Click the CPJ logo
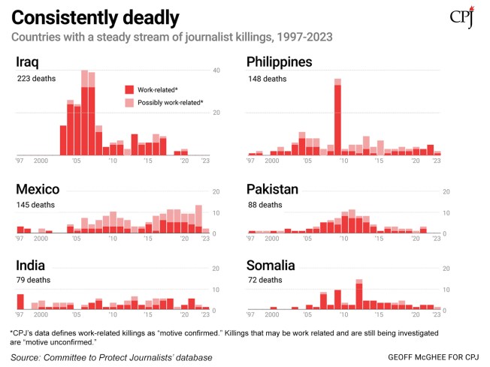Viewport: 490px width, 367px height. tap(461, 18)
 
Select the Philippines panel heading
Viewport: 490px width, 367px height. tap(282, 62)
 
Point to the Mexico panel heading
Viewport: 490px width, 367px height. tap(38, 188)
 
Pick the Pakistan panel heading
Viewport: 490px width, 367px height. tap(273, 188)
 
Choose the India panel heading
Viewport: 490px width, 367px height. tap(29, 265)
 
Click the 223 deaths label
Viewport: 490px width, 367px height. tap(37, 78)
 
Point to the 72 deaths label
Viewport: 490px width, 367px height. tap(265, 281)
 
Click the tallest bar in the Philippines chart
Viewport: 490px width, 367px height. tap(338, 116)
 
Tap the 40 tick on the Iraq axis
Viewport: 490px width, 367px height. tap(216, 71)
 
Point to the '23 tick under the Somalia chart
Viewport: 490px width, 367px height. tap(437, 314)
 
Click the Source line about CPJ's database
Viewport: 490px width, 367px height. tap(111, 357)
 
